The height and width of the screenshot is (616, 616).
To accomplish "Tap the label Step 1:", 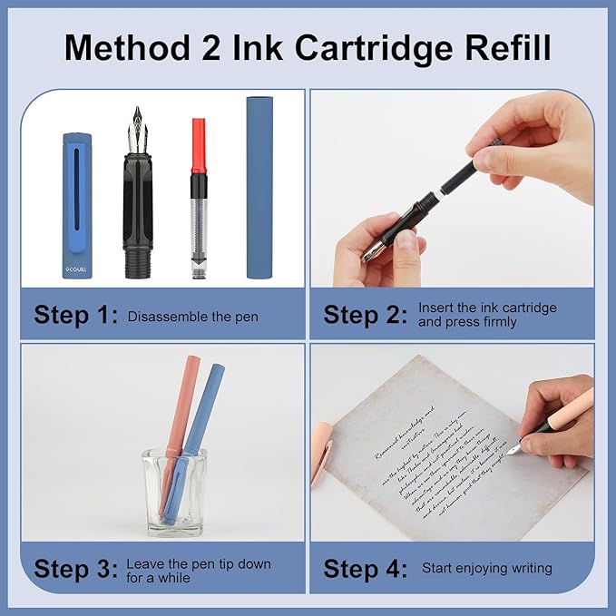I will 76,316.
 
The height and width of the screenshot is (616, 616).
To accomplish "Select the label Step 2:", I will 366,316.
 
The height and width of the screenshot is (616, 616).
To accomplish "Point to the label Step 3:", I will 76,569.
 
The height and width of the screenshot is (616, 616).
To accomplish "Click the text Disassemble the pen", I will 192,317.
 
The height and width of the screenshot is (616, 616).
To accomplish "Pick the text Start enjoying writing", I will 486,569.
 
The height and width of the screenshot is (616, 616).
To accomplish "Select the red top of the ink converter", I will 199,145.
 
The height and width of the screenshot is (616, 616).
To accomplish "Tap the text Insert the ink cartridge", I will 487,308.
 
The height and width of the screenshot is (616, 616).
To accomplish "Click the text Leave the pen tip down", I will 198,563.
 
